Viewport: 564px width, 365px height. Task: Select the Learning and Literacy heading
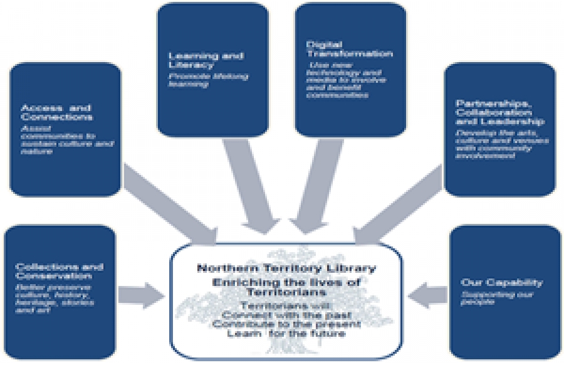click(197, 60)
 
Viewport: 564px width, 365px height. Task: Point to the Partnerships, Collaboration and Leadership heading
click(499, 112)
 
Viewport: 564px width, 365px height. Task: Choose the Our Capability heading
click(501, 282)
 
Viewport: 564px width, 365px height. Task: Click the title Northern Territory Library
click(286, 268)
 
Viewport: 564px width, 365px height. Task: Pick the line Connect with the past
click(286, 313)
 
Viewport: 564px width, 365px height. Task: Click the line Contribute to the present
click(286, 324)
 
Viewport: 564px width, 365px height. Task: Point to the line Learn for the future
click(286, 334)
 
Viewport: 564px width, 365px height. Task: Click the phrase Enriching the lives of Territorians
click(286, 287)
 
